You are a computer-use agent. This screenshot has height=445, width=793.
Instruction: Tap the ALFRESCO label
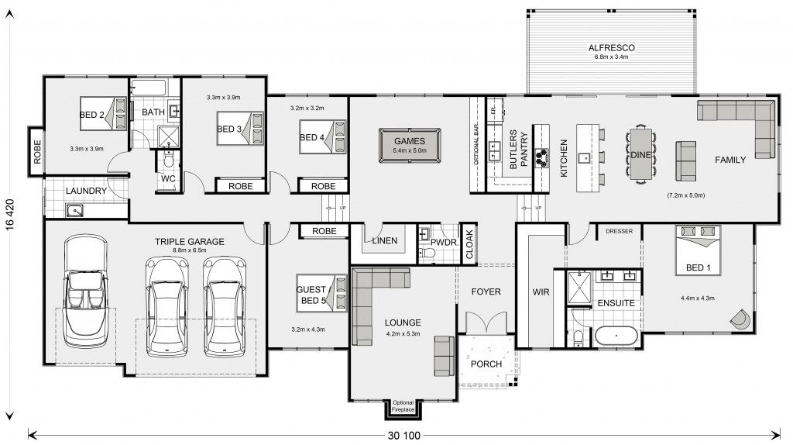point(611,47)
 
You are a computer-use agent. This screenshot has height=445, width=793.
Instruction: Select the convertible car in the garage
point(86,292)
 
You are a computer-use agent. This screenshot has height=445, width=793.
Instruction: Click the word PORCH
point(486,364)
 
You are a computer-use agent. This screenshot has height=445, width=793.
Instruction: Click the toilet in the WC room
point(168,162)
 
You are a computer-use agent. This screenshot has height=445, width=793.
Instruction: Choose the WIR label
point(540,293)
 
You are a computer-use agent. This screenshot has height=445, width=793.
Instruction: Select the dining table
point(640,155)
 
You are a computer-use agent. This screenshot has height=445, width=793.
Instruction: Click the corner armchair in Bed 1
point(740,317)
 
